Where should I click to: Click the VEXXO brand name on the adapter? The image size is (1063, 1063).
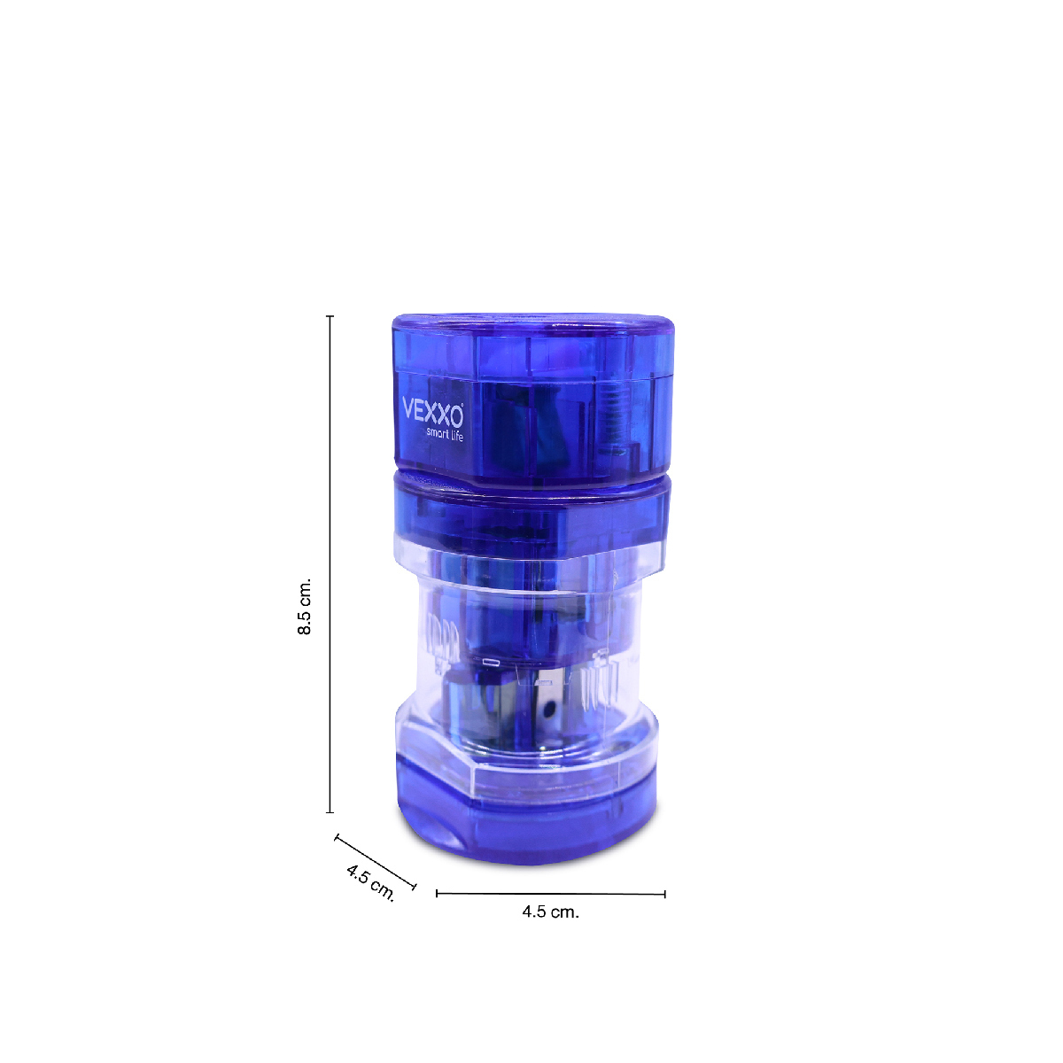tap(432, 409)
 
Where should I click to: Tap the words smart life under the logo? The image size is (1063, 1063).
tap(445, 434)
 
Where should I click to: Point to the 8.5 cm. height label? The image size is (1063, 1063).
tap(305, 606)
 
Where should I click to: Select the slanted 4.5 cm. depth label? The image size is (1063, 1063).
tap(370, 882)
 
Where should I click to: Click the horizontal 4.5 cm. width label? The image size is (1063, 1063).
tap(550, 912)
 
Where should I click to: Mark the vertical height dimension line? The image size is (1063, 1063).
tap(330, 564)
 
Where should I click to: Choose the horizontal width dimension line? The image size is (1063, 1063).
tap(550, 893)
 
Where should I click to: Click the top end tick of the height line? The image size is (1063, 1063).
tap(330, 316)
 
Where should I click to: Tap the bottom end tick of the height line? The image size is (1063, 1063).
tap(330, 812)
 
